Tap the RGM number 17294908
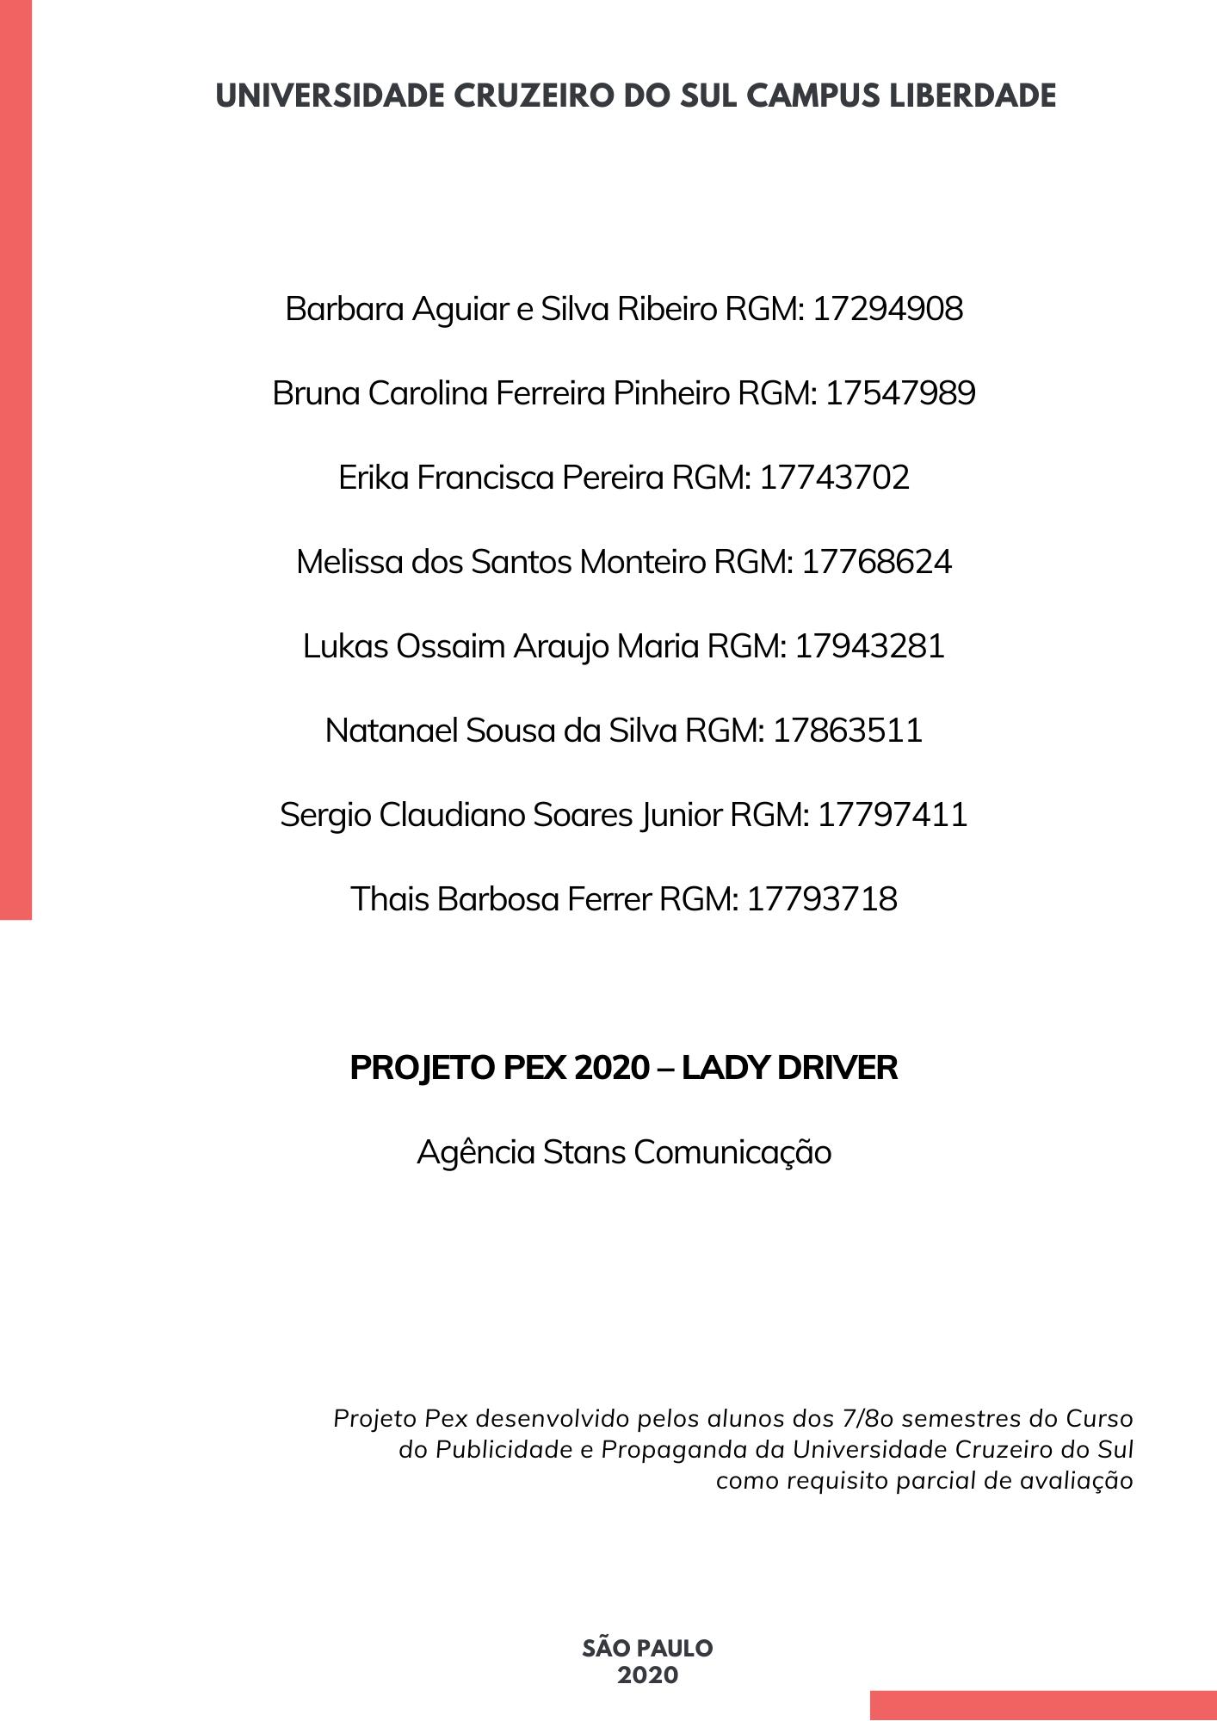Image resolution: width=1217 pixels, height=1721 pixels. click(887, 309)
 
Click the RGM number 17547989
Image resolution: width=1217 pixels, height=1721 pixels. click(900, 393)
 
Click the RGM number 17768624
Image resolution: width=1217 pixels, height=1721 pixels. click(876, 562)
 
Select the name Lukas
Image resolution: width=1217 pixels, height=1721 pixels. click(346, 646)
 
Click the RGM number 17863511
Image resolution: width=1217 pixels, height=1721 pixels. click(848, 731)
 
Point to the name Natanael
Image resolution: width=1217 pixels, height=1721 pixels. click(392, 731)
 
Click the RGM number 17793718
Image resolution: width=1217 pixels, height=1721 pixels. click(822, 899)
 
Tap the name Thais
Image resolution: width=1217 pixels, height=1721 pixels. click(390, 899)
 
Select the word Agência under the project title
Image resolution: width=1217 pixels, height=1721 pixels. click(476, 1152)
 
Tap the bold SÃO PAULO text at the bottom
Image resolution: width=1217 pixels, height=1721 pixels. click(647, 1649)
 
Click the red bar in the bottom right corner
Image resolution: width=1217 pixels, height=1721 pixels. click(1043, 1706)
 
